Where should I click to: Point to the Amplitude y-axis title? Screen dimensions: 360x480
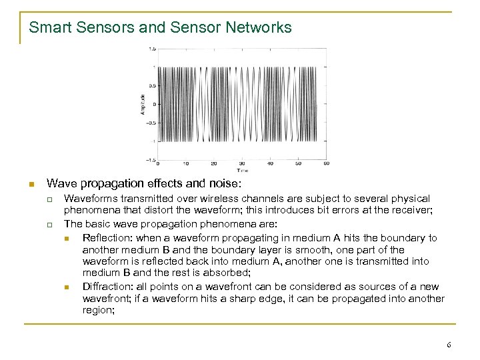point(143,104)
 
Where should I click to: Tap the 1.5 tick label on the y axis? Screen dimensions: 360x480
point(153,49)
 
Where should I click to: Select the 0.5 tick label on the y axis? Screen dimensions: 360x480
point(153,85)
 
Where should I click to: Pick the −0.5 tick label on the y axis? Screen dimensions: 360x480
point(151,123)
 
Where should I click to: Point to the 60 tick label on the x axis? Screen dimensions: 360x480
point(326,163)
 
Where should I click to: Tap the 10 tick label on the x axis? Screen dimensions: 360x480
point(185,163)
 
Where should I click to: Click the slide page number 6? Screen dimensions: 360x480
point(449,345)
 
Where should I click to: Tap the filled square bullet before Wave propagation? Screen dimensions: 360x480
point(30,183)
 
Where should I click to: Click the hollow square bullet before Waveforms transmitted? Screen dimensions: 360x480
point(49,199)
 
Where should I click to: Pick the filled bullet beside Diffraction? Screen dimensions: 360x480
point(67,287)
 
